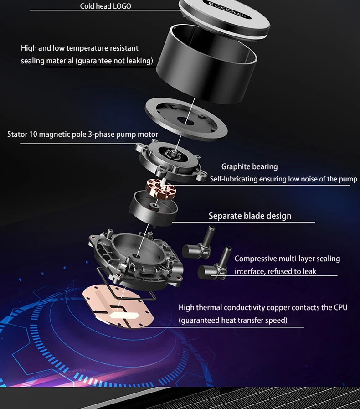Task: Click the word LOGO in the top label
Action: tap(122, 6)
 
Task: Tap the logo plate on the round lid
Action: tap(227, 10)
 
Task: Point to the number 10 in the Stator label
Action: tap(33, 134)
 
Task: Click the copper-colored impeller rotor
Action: tap(160, 189)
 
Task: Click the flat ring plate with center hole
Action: tap(186, 119)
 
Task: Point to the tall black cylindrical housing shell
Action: tap(206, 64)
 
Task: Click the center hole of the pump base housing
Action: tap(136, 256)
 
